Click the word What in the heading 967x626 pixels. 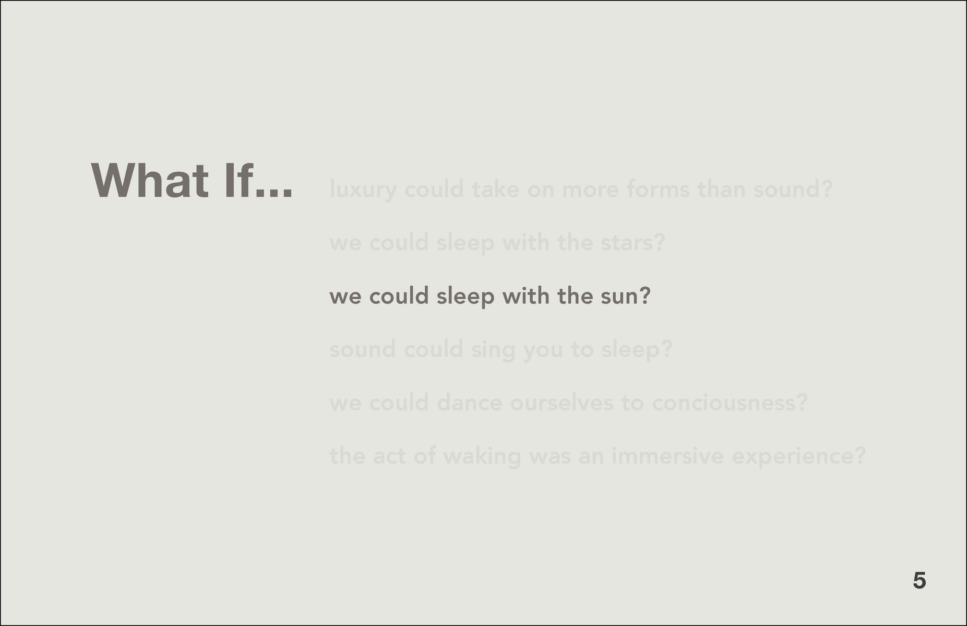pos(150,181)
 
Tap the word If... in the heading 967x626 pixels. pos(259,181)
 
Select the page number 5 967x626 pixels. pos(920,581)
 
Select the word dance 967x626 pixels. pos(469,403)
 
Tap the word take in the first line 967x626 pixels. pos(495,188)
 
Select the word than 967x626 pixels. pos(721,188)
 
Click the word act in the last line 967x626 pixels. pos(389,456)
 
